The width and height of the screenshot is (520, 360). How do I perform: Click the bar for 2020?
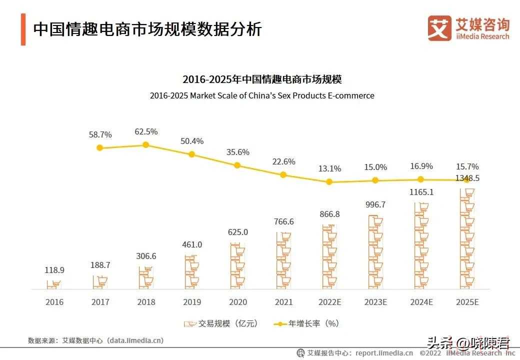click(238, 266)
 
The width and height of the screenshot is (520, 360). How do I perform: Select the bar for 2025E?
click(466, 239)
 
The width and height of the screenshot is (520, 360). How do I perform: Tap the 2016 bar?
click(54, 284)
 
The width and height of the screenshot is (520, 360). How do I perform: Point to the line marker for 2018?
click(146, 144)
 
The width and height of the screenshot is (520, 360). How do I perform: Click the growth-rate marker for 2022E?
click(329, 182)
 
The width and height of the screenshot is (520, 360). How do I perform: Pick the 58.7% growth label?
click(100, 134)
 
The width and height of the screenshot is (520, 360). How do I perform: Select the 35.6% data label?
click(237, 152)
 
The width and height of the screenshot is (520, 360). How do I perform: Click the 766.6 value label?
click(283, 221)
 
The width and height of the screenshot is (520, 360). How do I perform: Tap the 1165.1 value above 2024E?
click(420, 191)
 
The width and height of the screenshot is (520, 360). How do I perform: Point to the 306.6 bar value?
click(146, 256)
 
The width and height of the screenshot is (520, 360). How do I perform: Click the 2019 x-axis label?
click(192, 302)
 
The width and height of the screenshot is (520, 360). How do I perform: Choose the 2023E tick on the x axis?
click(374, 302)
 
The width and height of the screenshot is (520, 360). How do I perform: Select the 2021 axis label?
click(283, 302)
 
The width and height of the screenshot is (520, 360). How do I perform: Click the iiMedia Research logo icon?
click(439, 28)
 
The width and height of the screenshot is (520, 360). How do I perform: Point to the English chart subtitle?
click(262, 95)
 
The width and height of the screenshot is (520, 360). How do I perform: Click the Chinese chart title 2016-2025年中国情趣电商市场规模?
click(262, 79)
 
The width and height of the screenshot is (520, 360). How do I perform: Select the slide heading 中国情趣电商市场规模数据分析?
click(147, 29)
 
